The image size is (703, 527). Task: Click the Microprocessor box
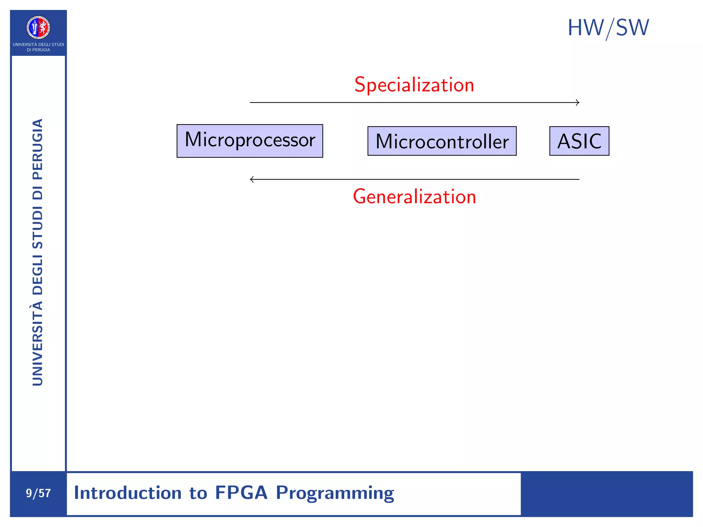tap(250, 141)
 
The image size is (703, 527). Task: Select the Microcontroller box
tap(442, 141)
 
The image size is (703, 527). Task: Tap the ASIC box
tap(579, 141)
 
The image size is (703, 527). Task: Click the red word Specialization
tap(414, 85)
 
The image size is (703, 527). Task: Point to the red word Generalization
tap(414, 197)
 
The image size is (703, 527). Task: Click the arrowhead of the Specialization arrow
tap(578, 102)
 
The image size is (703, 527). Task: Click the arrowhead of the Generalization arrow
tap(252, 179)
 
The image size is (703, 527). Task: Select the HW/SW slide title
tap(608, 28)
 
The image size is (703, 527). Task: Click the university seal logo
tap(38, 27)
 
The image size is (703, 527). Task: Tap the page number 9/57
tap(38, 493)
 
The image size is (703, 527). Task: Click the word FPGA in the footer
tap(241, 493)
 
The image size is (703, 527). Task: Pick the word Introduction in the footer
tap(128, 493)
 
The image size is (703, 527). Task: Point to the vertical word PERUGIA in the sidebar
tap(38, 149)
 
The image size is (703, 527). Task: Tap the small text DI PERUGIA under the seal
tap(38, 50)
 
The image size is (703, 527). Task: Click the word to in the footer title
tap(198, 493)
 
